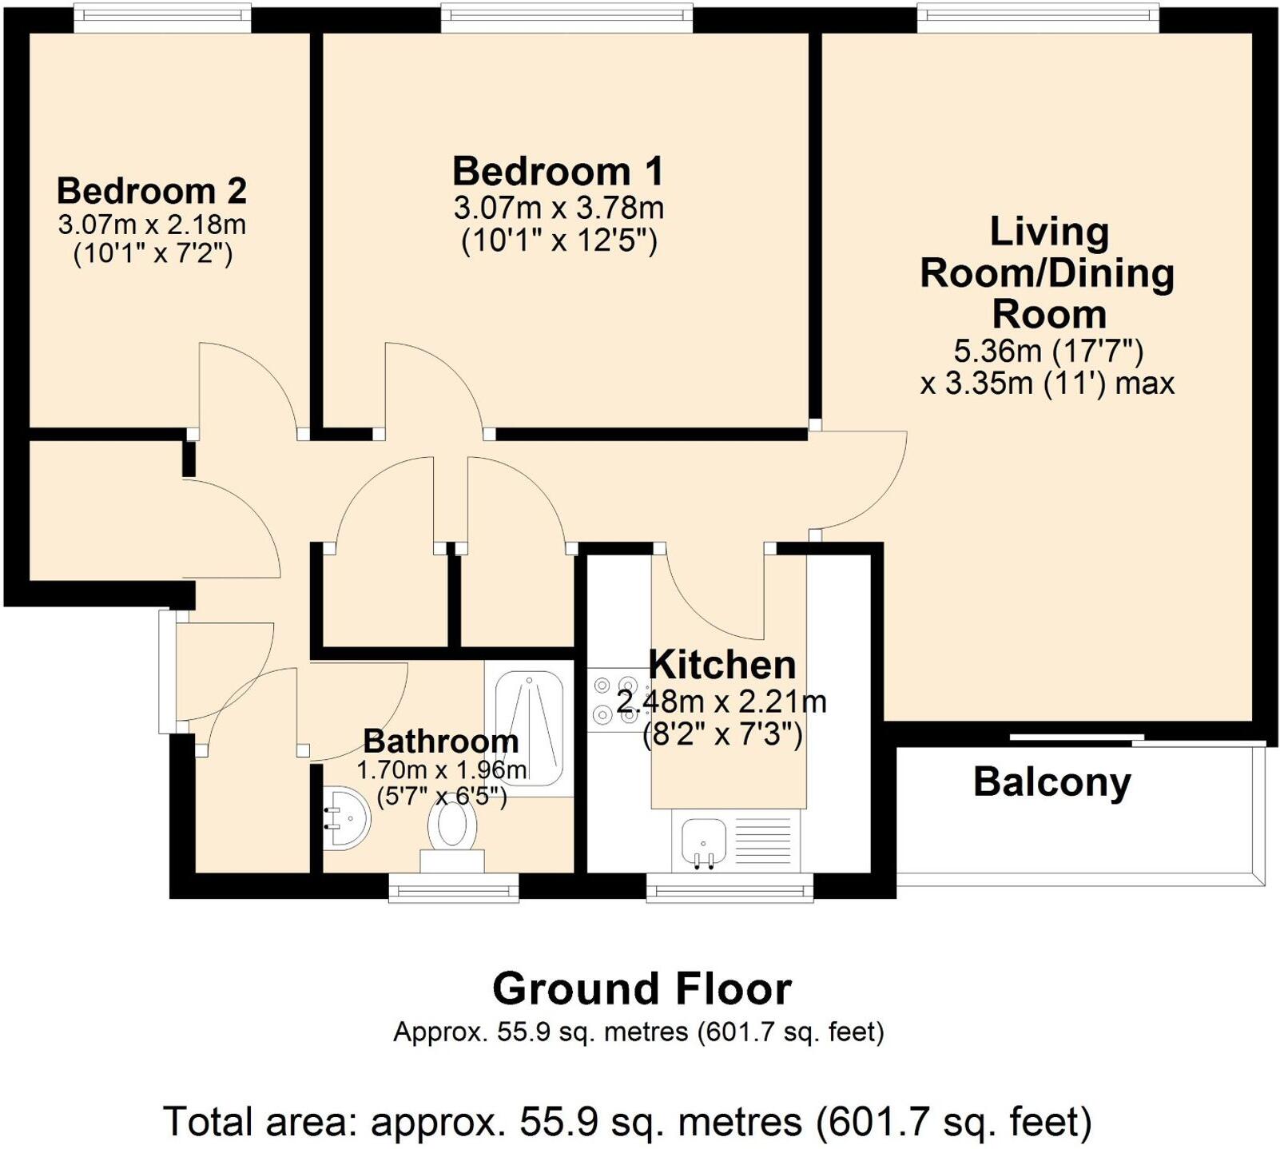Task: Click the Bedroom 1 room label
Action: [x=558, y=172]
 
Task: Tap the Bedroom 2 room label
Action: [x=151, y=192]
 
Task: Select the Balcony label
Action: [x=1051, y=782]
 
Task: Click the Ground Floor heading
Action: [x=642, y=989]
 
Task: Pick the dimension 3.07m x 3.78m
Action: [x=559, y=209]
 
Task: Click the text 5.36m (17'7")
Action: [x=1048, y=351]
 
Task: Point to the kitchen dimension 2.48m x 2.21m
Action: [x=721, y=702]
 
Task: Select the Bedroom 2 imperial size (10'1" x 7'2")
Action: [x=152, y=255]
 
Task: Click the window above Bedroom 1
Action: [x=566, y=19]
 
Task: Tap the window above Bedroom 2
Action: [x=162, y=19]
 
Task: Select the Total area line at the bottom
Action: [x=627, y=1122]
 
